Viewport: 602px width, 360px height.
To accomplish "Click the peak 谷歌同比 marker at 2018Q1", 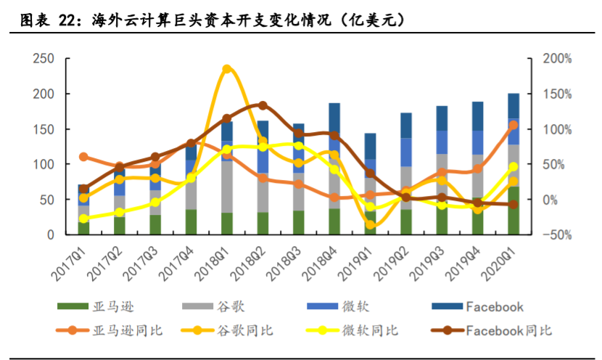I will pos(227,70).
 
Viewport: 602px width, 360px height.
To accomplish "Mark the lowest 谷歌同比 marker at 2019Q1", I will pos(371,224).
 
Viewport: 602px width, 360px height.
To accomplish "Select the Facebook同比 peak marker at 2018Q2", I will pos(263,105).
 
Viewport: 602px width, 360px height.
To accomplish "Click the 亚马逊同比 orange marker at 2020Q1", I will pos(514,125).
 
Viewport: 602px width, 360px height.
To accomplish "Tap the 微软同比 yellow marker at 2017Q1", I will pos(83,218).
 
